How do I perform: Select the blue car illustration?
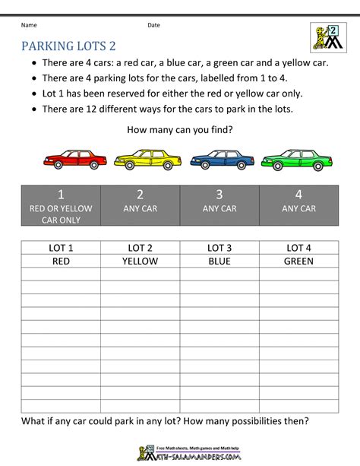click(x=221, y=160)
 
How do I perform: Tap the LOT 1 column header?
click(x=61, y=248)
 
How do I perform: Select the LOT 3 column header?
click(x=219, y=248)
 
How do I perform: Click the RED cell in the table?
click(x=61, y=261)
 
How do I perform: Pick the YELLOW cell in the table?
click(x=140, y=261)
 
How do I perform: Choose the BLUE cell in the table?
click(x=219, y=261)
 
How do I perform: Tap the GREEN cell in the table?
click(x=298, y=261)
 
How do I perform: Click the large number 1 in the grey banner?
click(x=61, y=194)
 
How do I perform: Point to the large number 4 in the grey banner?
click(x=298, y=194)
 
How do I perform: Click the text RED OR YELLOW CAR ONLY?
click(x=61, y=214)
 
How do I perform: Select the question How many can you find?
click(x=180, y=128)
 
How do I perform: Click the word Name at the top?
click(x=29, y=25)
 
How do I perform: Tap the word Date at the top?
click(x=153, y=25)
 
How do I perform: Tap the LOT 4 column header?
click(x=298, y=248)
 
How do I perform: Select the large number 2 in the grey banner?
click(x=140, y=194)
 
